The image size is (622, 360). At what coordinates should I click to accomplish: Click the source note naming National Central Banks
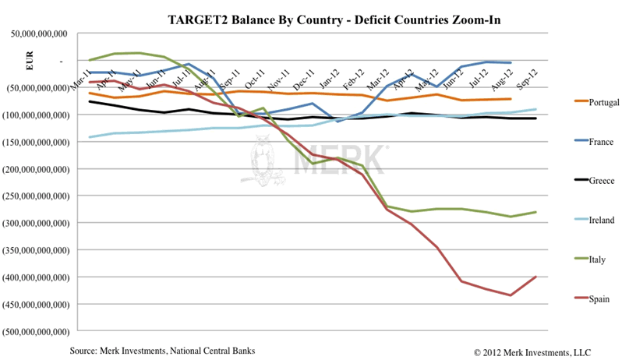(162, 350)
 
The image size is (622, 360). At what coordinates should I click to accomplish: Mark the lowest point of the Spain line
(511, 295)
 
